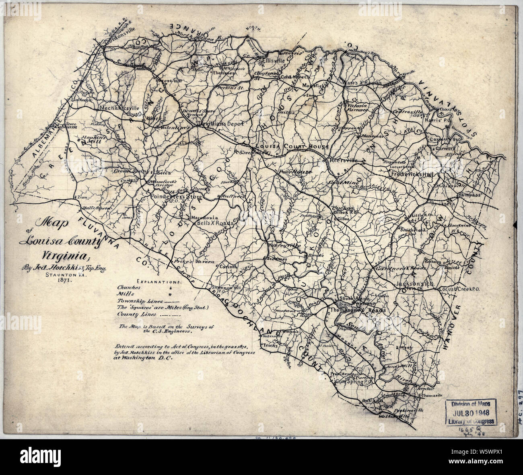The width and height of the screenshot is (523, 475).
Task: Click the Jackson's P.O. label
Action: coord(414,284)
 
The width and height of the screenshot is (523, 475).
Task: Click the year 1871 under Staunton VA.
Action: coord(64,282)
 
